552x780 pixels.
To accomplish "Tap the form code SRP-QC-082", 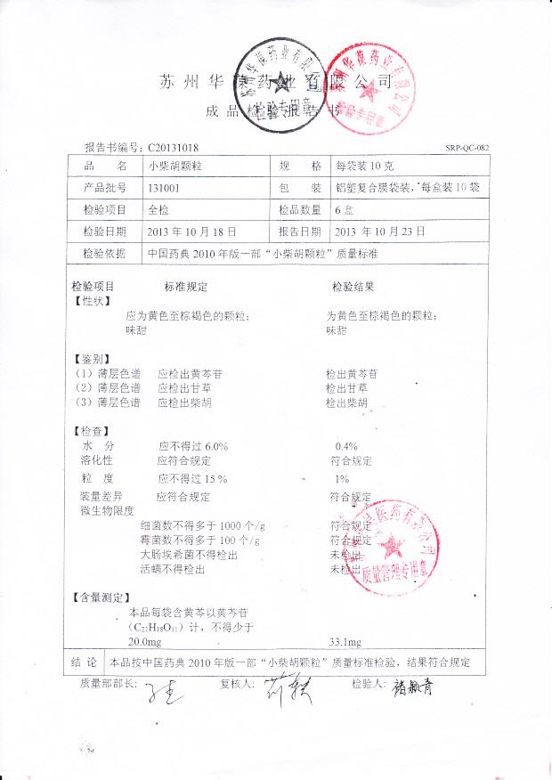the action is point(467,148).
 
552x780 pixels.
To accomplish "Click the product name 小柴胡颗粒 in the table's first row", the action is point(171,167).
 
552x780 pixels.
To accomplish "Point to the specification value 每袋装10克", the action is point(363,167).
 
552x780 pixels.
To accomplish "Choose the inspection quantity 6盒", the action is point(343,210).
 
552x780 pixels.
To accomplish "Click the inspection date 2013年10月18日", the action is point(193,232).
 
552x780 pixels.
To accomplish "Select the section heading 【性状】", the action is point(93,302).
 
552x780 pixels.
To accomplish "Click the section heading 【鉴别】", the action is point(93,357).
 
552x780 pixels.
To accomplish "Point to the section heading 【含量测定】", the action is point(103,596).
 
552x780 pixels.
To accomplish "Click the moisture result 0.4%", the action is point(346,445).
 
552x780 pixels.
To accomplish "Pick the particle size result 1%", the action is point(343,478).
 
